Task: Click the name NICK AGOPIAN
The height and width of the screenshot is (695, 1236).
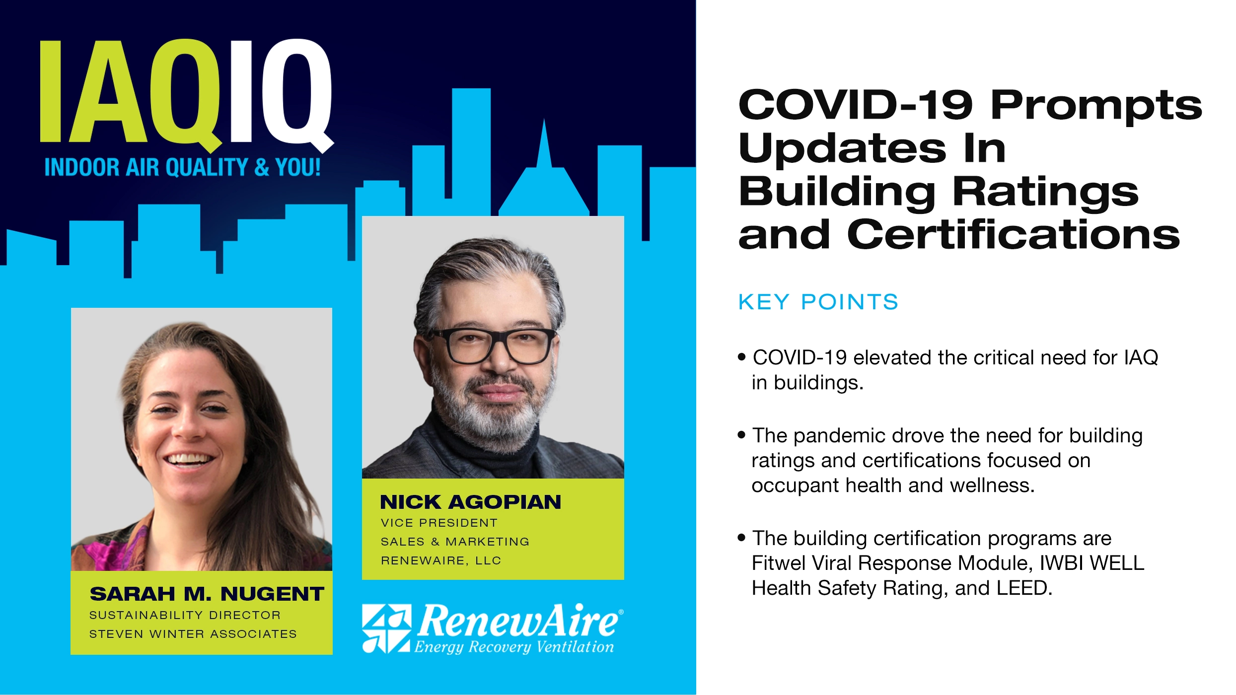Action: click(x=470, y=502)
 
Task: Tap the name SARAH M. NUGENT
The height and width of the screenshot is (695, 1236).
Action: click(x=207, y=594)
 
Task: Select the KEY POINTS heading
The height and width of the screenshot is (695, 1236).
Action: click(x=818, y=302)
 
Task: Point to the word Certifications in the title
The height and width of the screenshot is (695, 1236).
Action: click(x=1013, y=235)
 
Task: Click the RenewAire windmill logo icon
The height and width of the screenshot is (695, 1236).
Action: click(x=386, y=628)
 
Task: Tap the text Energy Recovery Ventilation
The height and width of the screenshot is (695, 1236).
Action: click(x=514, y=647)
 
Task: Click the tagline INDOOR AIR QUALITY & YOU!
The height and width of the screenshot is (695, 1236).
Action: click(x=182, y=167)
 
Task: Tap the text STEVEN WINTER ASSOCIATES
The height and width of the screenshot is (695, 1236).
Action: click(x=193, y=634)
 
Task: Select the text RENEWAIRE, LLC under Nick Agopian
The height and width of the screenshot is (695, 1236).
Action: click(x=441, y=560)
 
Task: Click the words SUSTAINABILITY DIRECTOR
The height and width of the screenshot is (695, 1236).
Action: click(x=185, y=615)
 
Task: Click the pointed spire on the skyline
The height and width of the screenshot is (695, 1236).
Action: click(x=544, y=144)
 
